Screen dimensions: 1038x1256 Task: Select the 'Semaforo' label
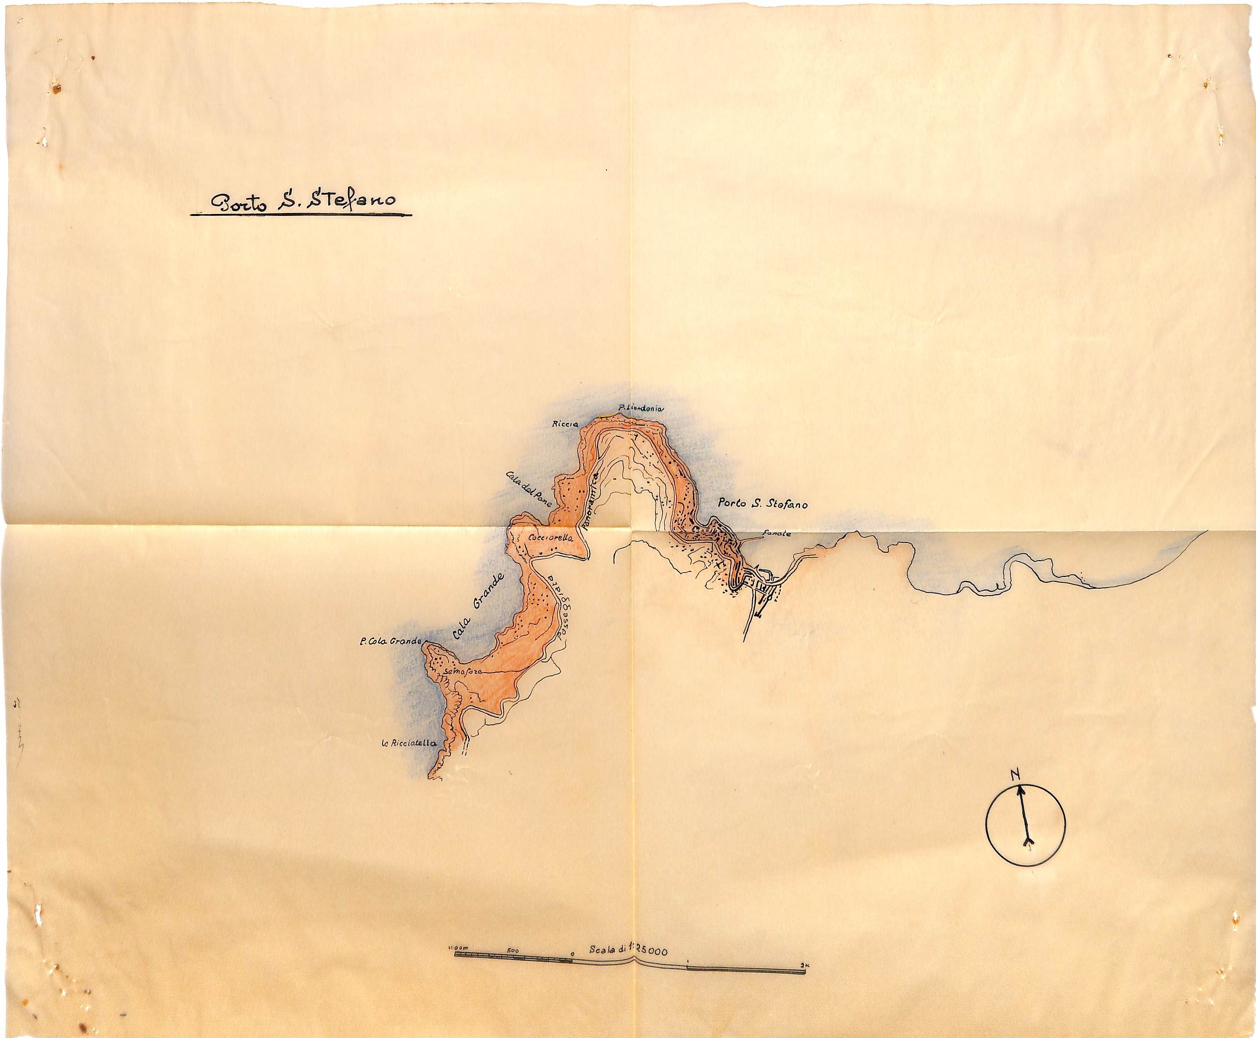point(459,672)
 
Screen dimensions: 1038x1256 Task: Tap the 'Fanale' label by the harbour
point(779,534)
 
